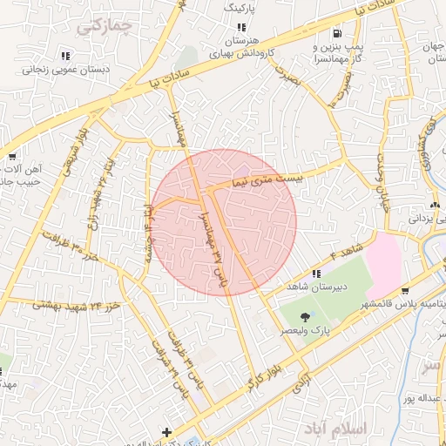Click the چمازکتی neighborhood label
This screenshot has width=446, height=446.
point(104,25)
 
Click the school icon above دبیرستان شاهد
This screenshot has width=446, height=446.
point(316,274)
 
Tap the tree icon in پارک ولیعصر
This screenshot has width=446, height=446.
point(305,317)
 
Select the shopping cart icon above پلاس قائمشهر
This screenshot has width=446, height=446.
point(406,291)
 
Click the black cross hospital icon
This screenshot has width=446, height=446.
point(166,432)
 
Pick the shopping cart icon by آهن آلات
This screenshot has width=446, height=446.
point(12,157)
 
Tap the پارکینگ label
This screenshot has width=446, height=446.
point(241,8)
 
